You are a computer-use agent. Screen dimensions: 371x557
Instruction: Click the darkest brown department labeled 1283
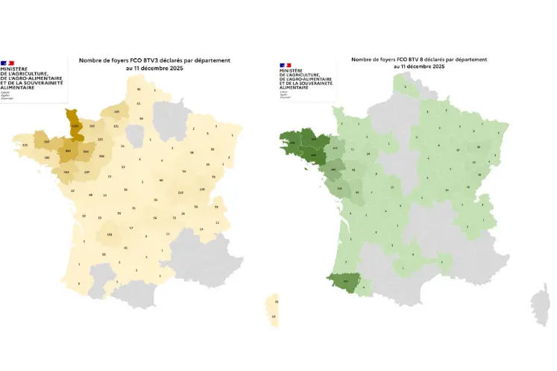[74, 126]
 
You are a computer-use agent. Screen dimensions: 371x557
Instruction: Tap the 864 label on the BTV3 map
[69, 152]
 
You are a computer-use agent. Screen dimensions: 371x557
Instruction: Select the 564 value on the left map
[86, 152]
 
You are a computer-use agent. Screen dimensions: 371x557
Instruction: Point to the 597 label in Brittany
[46, 141]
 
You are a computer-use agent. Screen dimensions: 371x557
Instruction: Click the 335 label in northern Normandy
[116, 111]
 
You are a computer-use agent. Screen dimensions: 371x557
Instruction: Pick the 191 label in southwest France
[110, 234]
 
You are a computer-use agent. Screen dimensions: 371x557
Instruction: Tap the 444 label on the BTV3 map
[66, 172]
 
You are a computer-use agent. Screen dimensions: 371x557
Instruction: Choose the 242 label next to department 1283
[92, 127]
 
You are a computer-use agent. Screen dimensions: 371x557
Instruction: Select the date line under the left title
[154, 68]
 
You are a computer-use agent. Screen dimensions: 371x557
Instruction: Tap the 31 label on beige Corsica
[277, 302]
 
